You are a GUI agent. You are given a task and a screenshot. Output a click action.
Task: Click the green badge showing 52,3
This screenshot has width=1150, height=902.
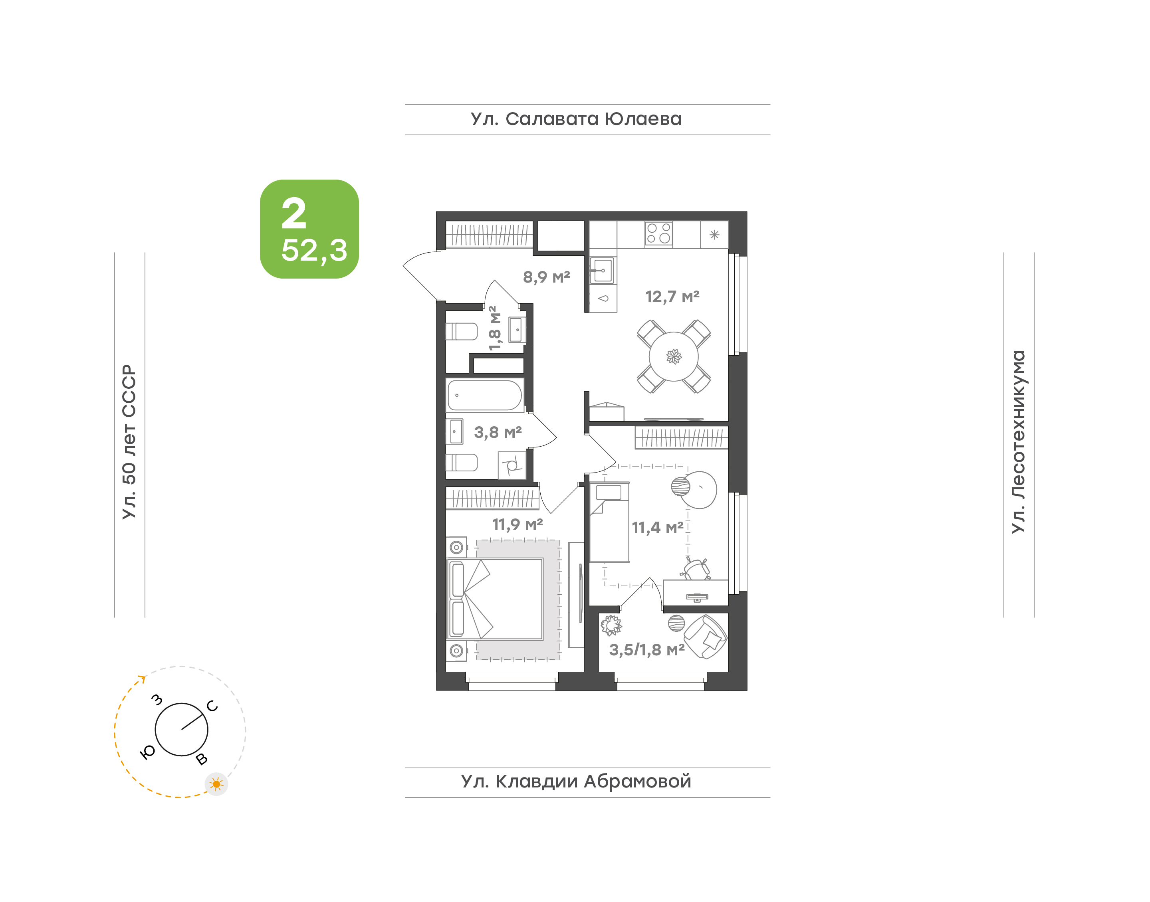tap(309, 229)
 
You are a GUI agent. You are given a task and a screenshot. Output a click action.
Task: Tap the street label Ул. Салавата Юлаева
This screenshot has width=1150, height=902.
tap(576, 119)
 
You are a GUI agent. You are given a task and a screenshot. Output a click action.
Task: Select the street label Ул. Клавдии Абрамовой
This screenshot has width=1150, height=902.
tap(576, 781)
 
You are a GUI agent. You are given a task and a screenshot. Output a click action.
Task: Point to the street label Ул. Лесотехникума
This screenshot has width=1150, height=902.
tap(1017, 441)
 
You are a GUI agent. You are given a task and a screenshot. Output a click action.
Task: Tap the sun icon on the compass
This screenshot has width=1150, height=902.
tap(216, 784)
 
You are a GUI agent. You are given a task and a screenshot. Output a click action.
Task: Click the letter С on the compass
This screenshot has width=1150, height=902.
tap(212, 706)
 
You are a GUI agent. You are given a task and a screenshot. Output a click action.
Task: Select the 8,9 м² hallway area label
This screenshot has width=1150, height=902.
tap(546, 277)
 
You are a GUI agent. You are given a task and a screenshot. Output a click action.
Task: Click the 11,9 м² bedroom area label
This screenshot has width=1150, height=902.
tap(517, 524)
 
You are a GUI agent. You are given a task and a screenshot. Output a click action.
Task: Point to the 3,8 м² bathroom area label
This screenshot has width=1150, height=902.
tap(498, 433)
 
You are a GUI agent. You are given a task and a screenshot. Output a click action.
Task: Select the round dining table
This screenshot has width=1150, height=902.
tap(674, 356)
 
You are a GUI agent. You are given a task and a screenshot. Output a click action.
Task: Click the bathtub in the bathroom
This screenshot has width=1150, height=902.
tap(485, 395)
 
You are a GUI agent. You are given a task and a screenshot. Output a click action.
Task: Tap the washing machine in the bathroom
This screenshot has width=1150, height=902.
tap(512, 465)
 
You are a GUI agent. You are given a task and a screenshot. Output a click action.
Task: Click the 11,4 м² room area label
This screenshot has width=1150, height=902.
tap(658, 528)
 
